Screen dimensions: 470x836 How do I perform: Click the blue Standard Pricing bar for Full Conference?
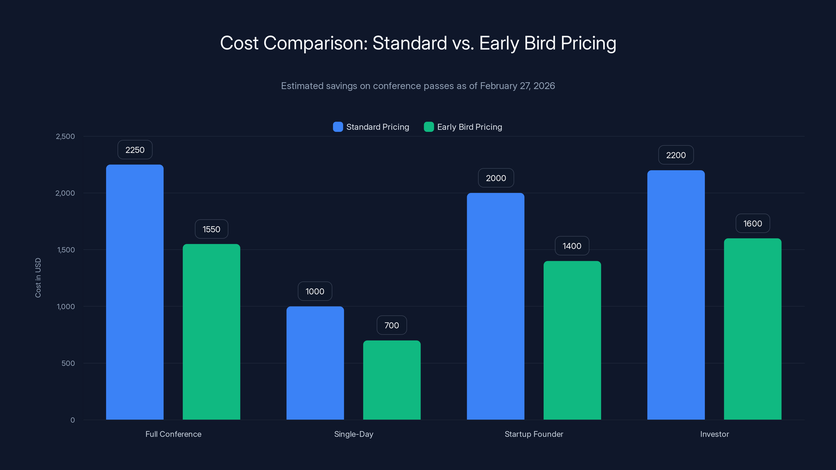point(135,292)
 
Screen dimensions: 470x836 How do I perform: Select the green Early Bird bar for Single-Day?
point(392,380)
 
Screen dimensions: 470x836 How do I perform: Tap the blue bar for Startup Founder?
point(496,306)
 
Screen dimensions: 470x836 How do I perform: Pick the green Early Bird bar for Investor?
point(753,329)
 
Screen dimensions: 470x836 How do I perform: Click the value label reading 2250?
point(135,150)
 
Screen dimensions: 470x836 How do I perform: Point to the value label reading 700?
point(392,325)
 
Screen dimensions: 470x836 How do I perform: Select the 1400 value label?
point(572,246)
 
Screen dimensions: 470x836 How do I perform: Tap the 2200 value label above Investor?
point(676,155)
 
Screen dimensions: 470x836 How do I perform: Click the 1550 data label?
point(211,229)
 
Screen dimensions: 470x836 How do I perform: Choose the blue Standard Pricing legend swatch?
point(338,127)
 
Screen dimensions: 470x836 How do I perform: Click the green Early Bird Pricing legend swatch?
point(429,127)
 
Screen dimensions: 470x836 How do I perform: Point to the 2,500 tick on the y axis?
point(65,136)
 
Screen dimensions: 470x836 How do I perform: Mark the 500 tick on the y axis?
point(68,363)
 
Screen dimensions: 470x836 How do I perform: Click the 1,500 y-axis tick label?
point(66,250)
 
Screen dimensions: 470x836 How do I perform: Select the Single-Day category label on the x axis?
point(354,434)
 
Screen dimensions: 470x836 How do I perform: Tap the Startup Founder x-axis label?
point(534,434)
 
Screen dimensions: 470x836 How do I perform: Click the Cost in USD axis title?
point(38,278)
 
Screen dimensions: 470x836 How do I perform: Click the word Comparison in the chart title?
point(315,43)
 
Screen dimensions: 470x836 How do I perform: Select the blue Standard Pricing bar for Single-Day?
point(315,363)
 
